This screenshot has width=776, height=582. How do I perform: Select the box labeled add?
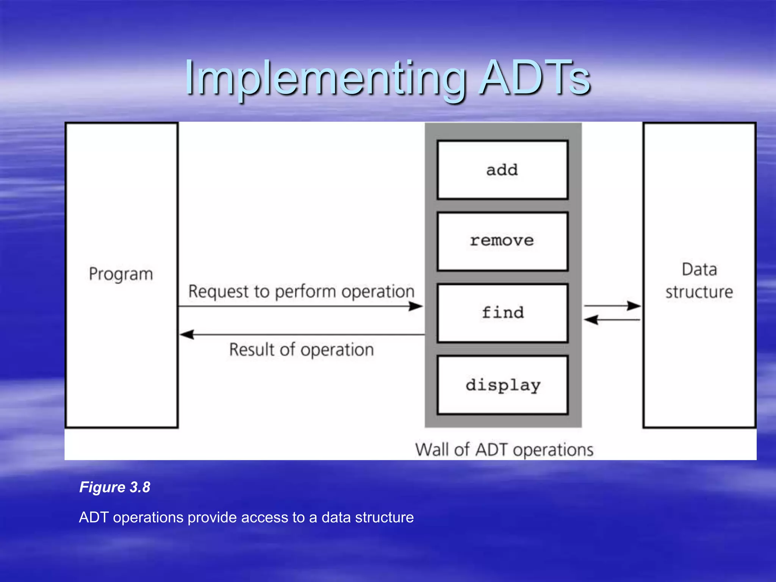502,170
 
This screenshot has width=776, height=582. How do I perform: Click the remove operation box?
502,241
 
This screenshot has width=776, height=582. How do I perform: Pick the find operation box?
502,313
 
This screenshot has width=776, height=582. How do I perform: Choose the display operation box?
502,385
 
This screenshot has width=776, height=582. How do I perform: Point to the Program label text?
121,274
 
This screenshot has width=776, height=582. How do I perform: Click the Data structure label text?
699,281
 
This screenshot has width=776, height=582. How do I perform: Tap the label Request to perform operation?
301,292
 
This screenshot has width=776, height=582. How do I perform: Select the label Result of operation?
301,349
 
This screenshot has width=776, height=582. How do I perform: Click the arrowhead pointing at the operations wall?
416,306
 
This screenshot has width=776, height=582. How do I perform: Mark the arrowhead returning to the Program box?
187,335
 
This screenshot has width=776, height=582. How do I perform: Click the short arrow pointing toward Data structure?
612,305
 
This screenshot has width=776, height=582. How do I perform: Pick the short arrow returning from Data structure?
612,320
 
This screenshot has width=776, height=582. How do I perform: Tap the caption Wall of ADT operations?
504,450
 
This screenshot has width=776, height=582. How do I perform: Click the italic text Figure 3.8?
114,487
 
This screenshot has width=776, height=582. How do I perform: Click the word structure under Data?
699,292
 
